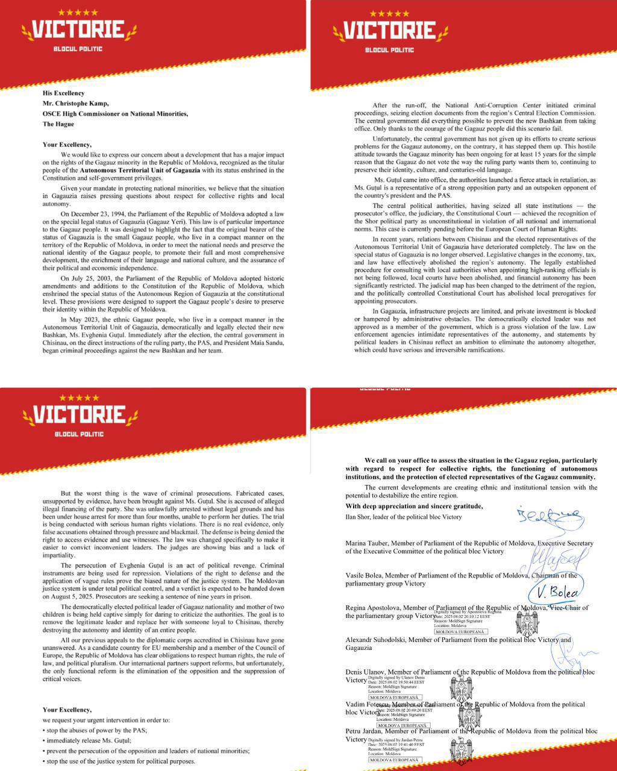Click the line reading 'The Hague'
click(x=58, y=124)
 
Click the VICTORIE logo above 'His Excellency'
click(x=78, y=30)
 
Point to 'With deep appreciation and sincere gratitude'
click(x=414, y=507)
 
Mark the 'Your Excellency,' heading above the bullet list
click(x=67, y=710)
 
